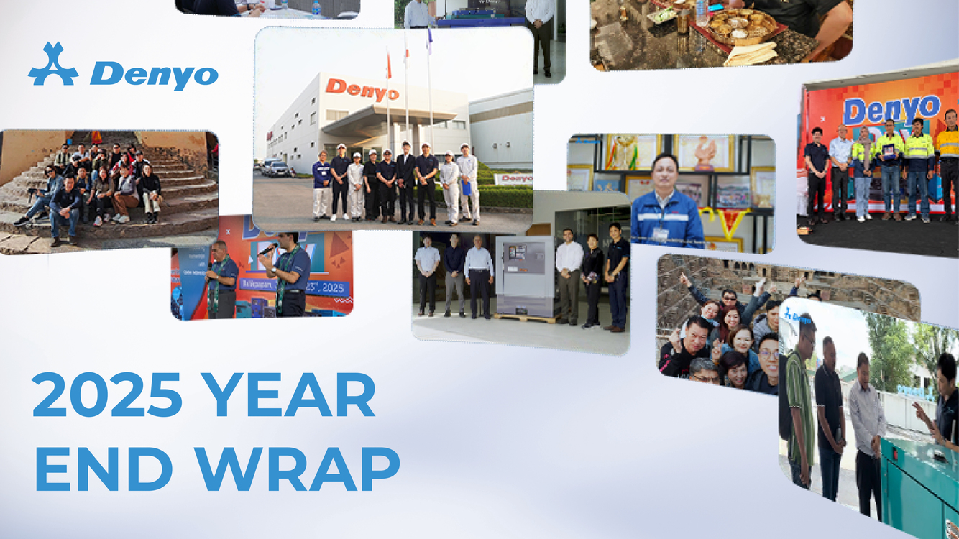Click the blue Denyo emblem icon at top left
click(53, 65)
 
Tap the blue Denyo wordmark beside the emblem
click(154, 74)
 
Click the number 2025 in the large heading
click(106, 395)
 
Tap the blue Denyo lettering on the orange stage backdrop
click(891, 110)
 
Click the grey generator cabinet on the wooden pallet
click(524, 276)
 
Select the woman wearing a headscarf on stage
click(863, 169)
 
